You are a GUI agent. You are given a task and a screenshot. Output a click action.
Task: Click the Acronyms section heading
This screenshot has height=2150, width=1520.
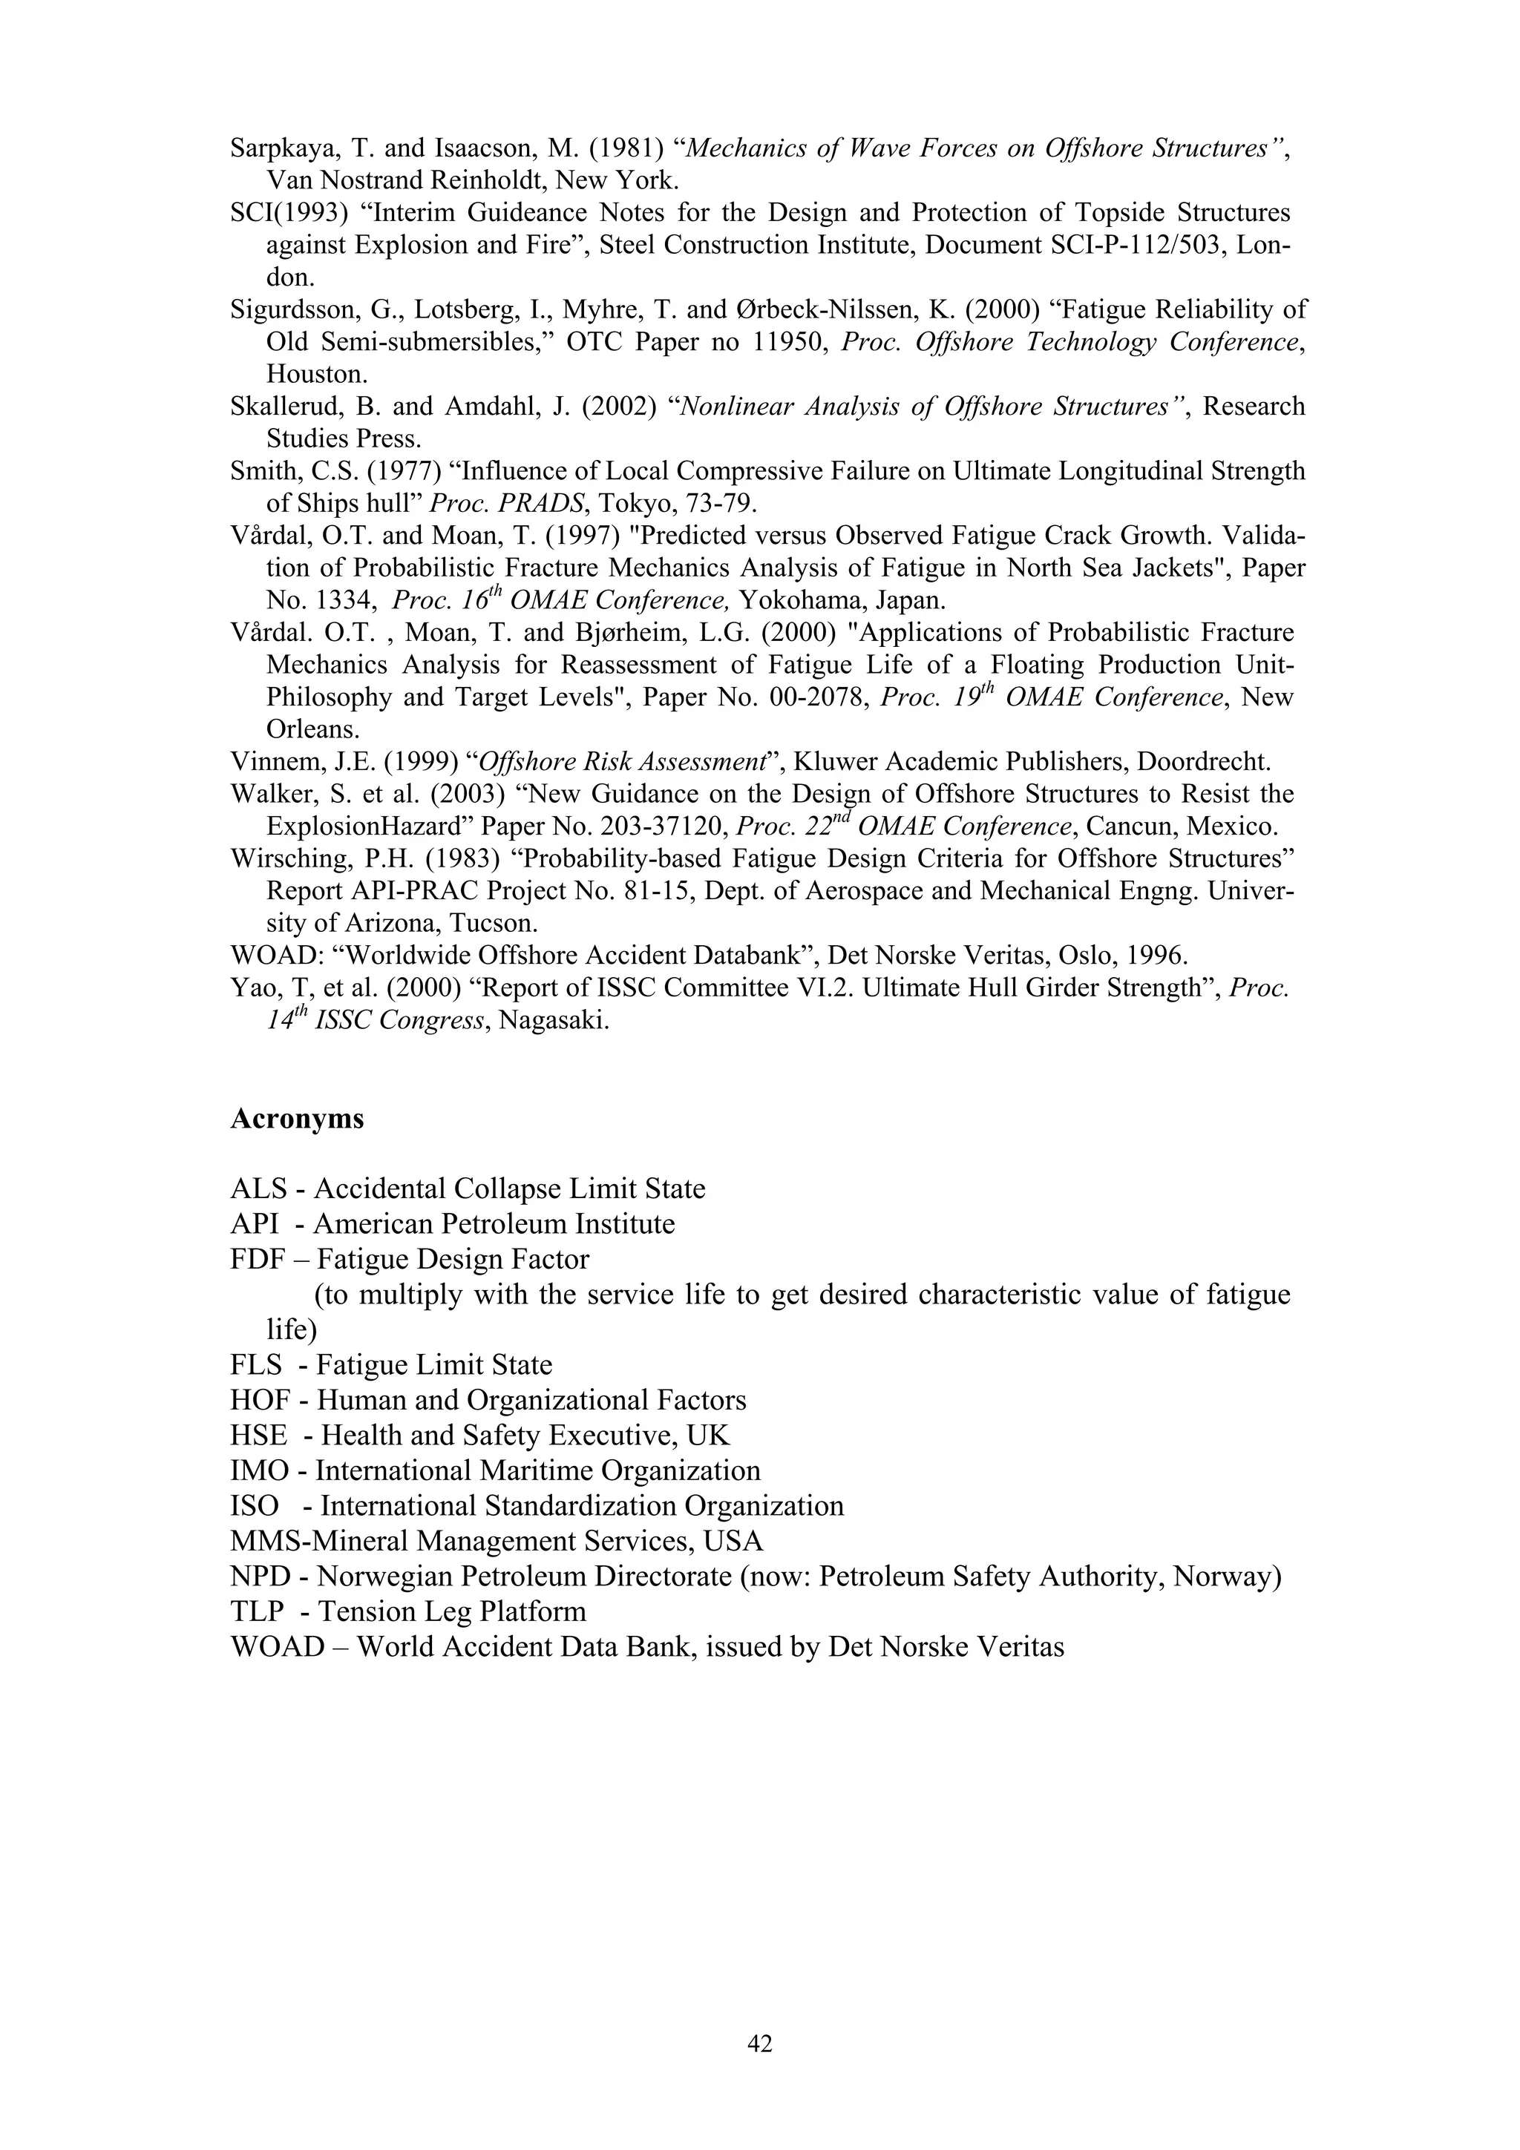click(x=297, y=1119)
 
